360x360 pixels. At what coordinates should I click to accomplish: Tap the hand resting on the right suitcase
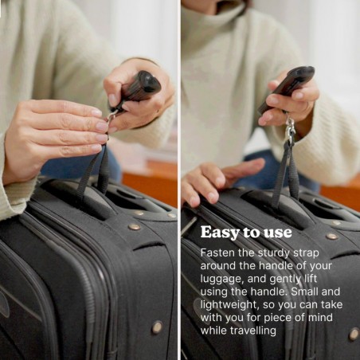[x=211, y=178]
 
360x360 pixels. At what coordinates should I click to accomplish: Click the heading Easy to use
[x=246, y=233]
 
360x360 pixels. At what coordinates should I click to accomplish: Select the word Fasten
[x=217, y=252]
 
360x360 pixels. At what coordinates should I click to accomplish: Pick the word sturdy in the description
[x=275, y=252]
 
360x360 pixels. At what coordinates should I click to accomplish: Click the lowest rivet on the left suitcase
[x=157, y=327]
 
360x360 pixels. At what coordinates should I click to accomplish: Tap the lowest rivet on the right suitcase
[x=353, y=334]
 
